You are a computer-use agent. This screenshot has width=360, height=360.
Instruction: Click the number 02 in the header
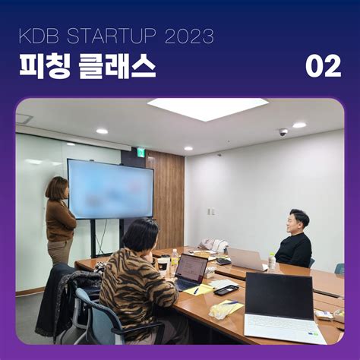pyautogui.click(x=324, y=66)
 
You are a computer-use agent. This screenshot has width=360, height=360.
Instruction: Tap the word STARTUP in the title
pyautogui.click(x=112, y=36)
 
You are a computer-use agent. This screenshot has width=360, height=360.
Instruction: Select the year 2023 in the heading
pyautogui.click(x=189, y=36)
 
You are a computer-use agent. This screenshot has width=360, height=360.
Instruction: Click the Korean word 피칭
pyautogui.click(x=45, y=66)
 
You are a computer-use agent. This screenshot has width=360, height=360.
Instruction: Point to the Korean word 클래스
pyautogui.click(x=117, y=66)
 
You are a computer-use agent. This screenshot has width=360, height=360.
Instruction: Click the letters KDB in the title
pyautogui.click(x=39, y=36)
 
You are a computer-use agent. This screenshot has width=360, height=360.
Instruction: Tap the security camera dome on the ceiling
pyautogui.click(x=283, y=132)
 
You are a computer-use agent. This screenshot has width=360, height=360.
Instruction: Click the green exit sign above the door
pyautogui.click(x=141, y=151)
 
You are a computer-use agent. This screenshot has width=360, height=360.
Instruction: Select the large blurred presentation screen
pyautogui.click(x=110, y=189)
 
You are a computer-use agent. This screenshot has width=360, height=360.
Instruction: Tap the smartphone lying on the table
pyautogui.click(x=226, y=289)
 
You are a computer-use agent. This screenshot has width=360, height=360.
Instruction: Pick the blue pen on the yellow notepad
pyautogui.click(x=196, y=291)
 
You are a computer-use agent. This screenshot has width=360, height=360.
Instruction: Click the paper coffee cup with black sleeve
pyautogui.click(x=162, y=267)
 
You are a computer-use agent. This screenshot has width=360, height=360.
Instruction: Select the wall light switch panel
pyautogui.click(x=211, y=211)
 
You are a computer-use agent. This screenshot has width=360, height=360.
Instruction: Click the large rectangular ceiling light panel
pyautogui.click(x=207, y=109)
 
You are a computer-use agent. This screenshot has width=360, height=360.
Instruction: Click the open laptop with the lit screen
pyautogui.click(x=191, y=272)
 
